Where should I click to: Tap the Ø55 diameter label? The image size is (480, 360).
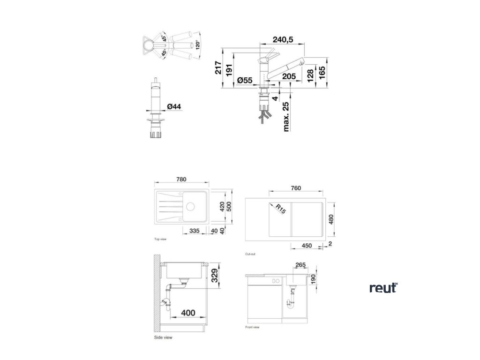click(245, 81)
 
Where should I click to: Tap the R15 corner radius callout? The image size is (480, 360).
click(279, 209)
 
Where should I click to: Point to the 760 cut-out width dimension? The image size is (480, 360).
click(295, 188)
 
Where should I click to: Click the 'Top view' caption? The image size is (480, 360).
click(161, 239)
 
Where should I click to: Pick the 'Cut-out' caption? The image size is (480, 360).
click(250, 254)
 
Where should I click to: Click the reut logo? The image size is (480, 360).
click(383, 288)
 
